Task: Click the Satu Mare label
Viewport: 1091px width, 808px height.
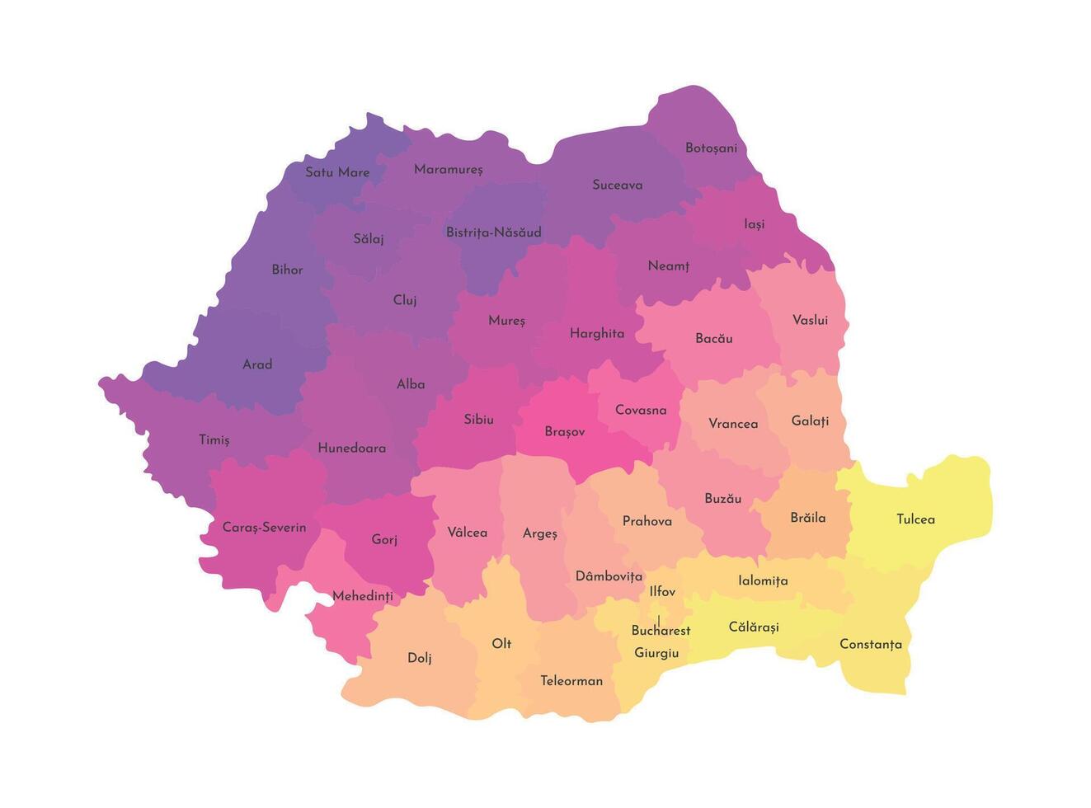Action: (337, 172)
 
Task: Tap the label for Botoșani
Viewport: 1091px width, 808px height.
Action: (711, 148)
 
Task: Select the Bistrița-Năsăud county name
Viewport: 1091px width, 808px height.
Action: (493, 233)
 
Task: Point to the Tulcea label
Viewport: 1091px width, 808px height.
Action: (915, 519)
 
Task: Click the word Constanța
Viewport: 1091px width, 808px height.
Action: (870, 645)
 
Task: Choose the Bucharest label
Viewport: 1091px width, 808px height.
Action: (661, 631)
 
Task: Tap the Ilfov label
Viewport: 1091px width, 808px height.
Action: (662, 592)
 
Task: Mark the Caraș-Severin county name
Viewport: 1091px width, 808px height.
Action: (264, 528)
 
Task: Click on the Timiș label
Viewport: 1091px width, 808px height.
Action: (214, 440)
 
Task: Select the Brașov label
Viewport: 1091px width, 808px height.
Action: (564, 432)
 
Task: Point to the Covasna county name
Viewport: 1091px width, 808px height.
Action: (641, 411)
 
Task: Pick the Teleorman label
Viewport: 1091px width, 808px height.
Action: (571, 681)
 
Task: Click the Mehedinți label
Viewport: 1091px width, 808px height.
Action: (362, 596)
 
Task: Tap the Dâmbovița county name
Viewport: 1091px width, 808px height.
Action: (609, 576)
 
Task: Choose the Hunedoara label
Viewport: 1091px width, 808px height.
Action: (352, 449)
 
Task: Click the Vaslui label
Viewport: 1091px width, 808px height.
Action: (810, 320)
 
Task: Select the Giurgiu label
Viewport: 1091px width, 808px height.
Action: (656, 653)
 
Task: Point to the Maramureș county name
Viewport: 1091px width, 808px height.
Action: (449, 170)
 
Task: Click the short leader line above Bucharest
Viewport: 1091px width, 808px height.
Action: (658, 618)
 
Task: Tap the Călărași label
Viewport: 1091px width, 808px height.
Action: (754, 627)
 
